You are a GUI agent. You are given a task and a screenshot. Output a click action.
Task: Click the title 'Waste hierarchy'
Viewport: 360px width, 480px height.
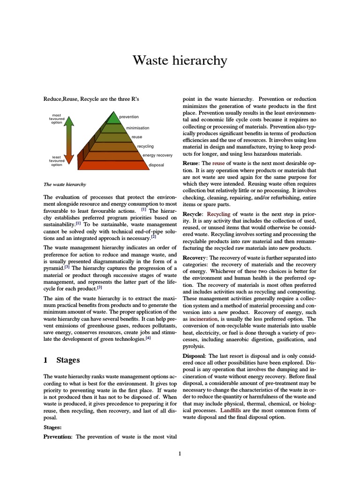(x=180, y=60)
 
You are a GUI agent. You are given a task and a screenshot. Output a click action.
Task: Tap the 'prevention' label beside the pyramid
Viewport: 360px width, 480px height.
(x=129, y=117)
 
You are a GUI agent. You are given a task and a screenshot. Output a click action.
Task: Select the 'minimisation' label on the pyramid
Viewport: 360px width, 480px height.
(x=137, y=127)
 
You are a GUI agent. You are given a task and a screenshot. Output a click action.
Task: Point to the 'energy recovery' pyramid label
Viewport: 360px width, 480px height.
(x=157, y=155)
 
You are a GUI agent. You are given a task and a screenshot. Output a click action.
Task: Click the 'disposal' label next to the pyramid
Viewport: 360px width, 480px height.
(x=156, y=165)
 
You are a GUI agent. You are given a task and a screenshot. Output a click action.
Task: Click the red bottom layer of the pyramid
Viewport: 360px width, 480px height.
(x=115, y=165)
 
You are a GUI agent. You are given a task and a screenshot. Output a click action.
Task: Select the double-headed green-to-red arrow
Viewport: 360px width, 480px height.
(x=69, y=141)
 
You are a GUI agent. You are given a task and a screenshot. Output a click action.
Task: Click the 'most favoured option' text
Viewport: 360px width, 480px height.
(x=57, y=119)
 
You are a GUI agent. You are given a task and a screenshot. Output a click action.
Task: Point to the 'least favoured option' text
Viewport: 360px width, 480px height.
(x=57, y=161)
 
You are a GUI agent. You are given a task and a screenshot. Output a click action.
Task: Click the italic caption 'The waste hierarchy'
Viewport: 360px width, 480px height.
(x=65, y=184)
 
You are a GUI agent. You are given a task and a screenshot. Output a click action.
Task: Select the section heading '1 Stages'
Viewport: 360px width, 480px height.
(x=61, y=360)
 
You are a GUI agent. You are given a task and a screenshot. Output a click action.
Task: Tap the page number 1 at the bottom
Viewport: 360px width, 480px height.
(x=180, y=453)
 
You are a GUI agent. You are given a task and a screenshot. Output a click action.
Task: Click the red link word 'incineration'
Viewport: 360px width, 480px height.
(x=203, y=319)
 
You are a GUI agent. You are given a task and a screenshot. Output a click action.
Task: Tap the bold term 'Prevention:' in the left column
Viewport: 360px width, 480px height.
(x=58, y=437)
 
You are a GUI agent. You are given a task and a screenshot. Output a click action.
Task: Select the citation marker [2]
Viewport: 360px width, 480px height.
(x=153, y=237)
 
